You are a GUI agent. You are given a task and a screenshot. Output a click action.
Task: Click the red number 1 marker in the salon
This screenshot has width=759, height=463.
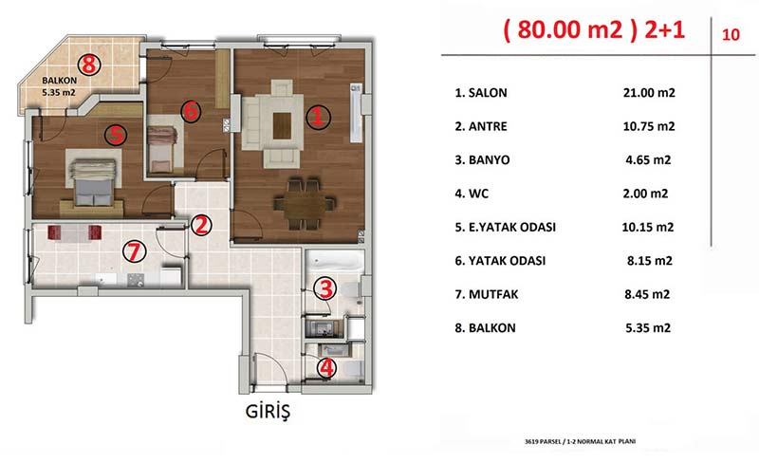[x=318, y=117]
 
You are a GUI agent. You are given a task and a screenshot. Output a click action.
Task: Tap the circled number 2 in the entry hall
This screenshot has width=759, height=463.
[x=201, y=225]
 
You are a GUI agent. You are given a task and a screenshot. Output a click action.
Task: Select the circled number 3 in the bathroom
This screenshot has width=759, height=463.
[x=324, y=288]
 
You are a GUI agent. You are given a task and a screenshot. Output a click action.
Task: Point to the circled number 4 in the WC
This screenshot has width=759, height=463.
[x=326, y=367]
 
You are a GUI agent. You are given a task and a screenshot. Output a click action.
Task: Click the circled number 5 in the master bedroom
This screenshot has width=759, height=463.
[x=116, y=135]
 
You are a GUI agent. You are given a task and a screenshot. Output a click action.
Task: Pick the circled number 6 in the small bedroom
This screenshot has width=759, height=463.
[x=192, y=111]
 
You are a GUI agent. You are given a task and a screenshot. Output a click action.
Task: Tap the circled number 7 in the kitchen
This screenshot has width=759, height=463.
[x=134, y=251]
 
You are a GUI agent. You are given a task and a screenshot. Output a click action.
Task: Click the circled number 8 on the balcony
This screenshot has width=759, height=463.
[x=89, y=64]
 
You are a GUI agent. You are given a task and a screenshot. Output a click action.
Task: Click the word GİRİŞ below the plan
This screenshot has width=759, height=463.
[x=268, y=412]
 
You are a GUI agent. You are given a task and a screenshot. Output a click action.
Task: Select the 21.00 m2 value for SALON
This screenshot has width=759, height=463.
[x=649, y=92]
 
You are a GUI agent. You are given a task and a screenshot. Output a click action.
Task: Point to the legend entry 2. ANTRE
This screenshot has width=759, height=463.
[x=481, y=126]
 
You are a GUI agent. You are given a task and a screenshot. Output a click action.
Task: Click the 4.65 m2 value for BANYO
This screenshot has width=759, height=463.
[x=648, y=159]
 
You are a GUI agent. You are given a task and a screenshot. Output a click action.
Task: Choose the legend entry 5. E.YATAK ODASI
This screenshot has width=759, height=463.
[x=505, y=227]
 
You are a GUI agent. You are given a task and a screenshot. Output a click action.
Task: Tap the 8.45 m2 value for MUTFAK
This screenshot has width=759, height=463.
[x=647, y=294]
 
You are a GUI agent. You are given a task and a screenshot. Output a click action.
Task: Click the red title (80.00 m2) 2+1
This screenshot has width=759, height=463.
[x=594, y=29]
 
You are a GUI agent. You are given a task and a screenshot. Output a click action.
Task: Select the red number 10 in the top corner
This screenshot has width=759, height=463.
[x=731, y=34]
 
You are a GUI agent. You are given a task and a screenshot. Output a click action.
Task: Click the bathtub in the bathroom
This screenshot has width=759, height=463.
[x=336, y=262]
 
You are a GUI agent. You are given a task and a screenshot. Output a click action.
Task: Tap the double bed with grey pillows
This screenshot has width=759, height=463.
[x=93, y=182]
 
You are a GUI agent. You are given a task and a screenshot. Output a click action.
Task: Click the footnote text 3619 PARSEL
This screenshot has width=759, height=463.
[x=543, y=442]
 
